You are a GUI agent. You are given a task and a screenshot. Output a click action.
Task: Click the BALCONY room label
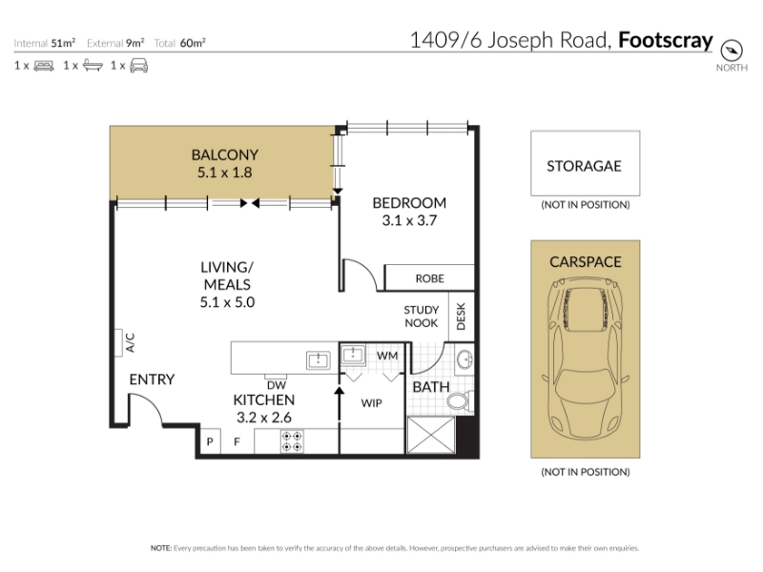pos(225,154)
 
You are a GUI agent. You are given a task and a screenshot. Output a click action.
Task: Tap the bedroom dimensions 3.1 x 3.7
pos(409,220)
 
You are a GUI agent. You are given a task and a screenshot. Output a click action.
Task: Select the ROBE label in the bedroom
pos(430,278)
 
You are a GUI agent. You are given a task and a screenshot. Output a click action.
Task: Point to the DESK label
pos(461,317)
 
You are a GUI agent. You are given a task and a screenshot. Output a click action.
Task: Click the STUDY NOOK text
pos(422,317)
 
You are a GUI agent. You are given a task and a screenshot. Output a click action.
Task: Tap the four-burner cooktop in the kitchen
pos(292,441)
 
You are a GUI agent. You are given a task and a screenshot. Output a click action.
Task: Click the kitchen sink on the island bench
pos(319,360)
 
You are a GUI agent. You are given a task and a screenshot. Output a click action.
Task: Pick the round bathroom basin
pos(464,359)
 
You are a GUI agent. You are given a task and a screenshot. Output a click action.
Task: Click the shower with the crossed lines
pos(431,435)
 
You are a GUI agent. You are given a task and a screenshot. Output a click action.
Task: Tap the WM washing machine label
pos(387,356)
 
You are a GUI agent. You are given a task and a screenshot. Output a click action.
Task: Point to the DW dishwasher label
pos(277,386)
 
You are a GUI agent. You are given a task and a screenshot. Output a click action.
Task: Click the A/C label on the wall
pos(130,342)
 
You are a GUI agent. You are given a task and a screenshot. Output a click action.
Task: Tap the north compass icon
pos(732,51)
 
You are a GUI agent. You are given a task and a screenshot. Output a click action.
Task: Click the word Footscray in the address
pos(665,40)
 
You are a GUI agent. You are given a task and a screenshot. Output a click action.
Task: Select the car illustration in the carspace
pos(586,358)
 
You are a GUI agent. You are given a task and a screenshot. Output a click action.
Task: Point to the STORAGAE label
pos(584,166)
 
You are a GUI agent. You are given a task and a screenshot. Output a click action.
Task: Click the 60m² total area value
pos(193,43)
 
